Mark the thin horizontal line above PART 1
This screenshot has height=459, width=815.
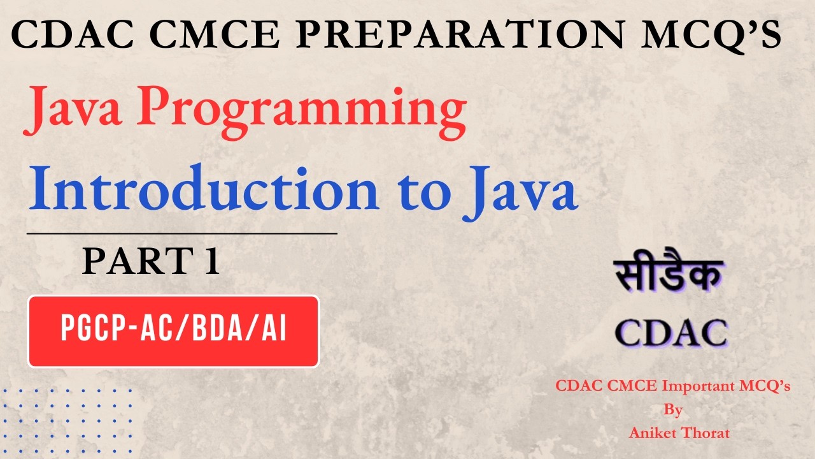[182, 234]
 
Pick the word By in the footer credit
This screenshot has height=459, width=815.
[673, 409]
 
